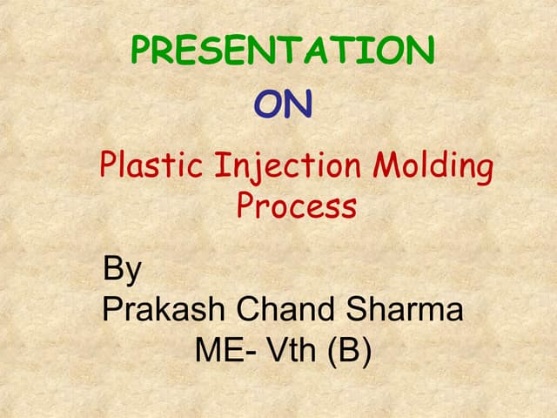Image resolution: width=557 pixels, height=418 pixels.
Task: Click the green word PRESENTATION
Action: click(x=282, y=51)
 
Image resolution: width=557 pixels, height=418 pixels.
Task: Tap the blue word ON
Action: click(x=283, y=104)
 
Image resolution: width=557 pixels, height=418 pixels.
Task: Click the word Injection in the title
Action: click(x=272, y=165)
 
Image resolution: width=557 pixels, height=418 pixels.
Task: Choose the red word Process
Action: click(x=296, y=206)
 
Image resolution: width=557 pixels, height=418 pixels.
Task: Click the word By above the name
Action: click(x=122, y=270)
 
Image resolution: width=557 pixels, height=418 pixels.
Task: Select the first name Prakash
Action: click(x=159, y=309)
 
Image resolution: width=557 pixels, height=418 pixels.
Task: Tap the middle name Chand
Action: click(x=278, y=309)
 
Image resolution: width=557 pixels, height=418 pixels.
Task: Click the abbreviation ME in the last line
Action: click(x=213, y=350)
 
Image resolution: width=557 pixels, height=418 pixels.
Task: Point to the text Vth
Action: click(x=287, y=350)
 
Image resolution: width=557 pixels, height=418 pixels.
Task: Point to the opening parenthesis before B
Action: click(x=332, y=351)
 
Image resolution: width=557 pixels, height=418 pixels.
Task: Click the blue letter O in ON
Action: click(x=269, y=104)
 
